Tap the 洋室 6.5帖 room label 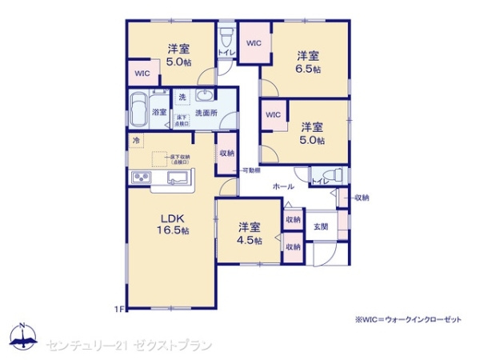click(309, 62)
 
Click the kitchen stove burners click(142, 177)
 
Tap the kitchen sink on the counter click(178, 177)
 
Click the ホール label click(283, 185)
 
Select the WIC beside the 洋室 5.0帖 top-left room click(142, 74)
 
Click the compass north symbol click(23, 334)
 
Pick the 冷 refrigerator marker click(136, 142)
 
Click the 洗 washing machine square click(182, 97)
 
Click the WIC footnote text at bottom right click(409, 319)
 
